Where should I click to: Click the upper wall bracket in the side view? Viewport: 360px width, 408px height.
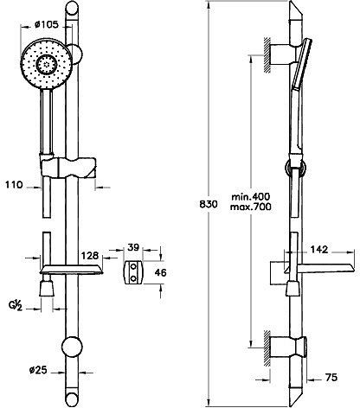pos(282,55)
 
